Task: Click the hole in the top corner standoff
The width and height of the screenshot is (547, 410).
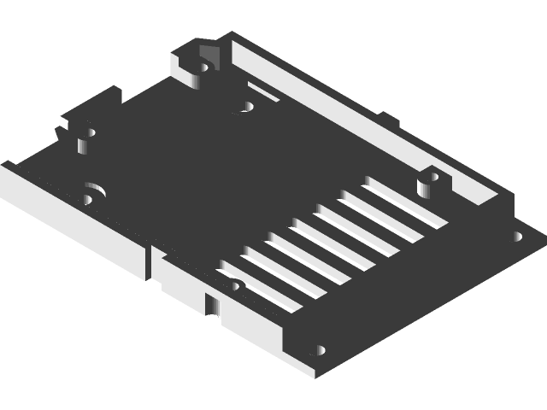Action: point(205,63)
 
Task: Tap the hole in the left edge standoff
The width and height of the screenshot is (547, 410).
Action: point(85,134)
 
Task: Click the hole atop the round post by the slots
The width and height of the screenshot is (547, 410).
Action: point(433,178)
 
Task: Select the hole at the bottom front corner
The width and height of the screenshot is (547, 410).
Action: point(321,349)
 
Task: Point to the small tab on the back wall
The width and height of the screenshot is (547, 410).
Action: point(386,117)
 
